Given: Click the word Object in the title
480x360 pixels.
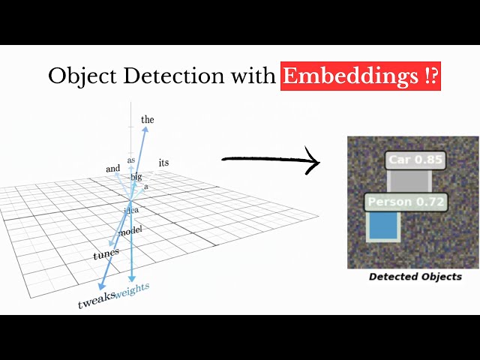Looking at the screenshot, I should click(x=77, y=76).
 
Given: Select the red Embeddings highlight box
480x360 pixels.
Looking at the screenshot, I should click(x=360, y=76).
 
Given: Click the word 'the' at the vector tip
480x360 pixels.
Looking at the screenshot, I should click(x=148, y=119).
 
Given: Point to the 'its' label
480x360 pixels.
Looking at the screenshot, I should click(x=164, y=162).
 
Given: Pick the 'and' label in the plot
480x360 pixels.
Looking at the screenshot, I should click(x=112, y=169).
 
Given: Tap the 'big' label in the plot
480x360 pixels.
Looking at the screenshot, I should click(x=136, y=177).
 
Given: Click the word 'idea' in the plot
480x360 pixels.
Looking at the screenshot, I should click(x=131, y=210).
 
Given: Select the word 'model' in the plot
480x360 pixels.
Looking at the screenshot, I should click(x=130, y=229).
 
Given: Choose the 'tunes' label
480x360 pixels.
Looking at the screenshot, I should click(x=106, y=255).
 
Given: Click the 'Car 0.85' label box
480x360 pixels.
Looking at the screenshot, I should click(x=415, y=160).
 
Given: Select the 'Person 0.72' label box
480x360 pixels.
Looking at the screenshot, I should click(x=405, y=202).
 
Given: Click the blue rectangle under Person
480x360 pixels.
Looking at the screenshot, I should click(x=382, y=226).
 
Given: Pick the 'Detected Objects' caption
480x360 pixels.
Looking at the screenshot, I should click(x=415, y=277).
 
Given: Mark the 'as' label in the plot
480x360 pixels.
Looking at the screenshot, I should click(x=130, y=160).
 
